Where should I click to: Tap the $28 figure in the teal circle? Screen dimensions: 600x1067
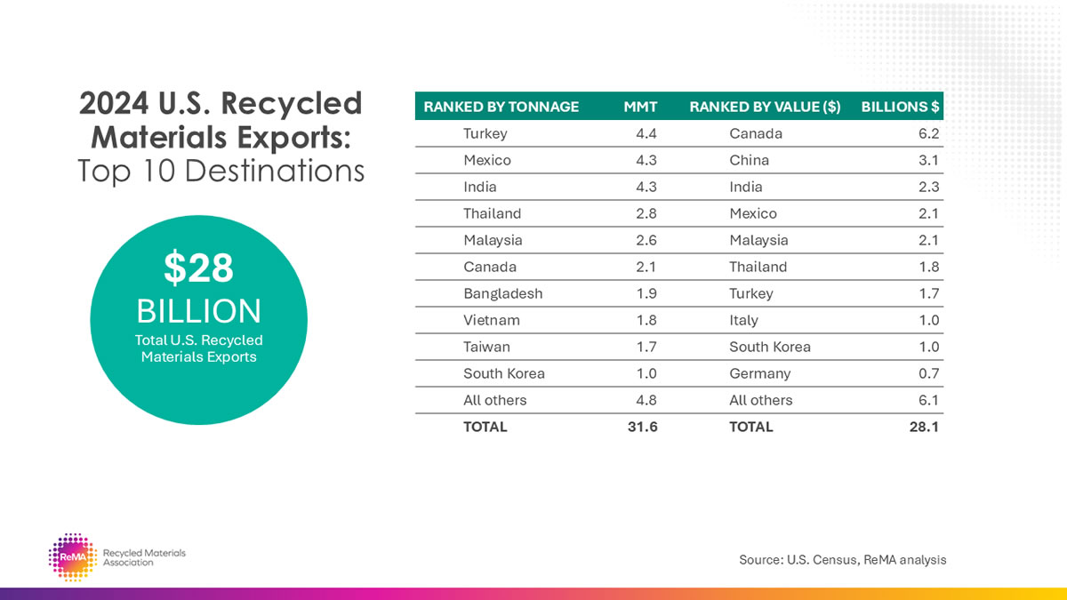pyautogui.click(x=198, y=269)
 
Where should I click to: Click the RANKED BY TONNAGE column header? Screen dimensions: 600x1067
pyautogui.click(x=501, y=107)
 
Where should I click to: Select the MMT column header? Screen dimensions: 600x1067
pyautogui.click(x=640, y=107)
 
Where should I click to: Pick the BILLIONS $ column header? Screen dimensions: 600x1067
pyautogui.click(x=900, y=107)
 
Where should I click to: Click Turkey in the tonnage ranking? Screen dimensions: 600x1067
pyautogui.click(x=485, y=133)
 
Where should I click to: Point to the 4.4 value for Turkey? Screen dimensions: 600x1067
pyautogui.click(x=646, y=133)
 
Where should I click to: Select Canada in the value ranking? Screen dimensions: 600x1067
pyautogui.click(x=755, y=133)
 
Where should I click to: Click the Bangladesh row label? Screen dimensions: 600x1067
pyautogui.click(x=502, y=293)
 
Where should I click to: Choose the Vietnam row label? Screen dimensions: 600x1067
pyautogui.click(x=491, y=320)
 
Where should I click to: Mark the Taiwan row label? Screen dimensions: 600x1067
pyautogui.click(x=486, y=347)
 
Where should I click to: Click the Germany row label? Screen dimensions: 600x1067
pyautogui.click(x=759, y=373)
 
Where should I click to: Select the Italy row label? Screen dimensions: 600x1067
pyautogui.click(x=743, y=320)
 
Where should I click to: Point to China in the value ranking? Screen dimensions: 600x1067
pyautogui.click(x=749, y=160)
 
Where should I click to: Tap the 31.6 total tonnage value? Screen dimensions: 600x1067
pyautogui.click(x=643, y=427)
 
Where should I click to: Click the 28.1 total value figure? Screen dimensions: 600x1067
pyautogui.click(x=926, y=427)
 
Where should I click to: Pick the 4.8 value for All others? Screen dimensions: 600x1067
pyautogui.click(x=646, y=400)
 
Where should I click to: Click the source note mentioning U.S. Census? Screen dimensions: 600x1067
pyautogui.click(x=842, y=560)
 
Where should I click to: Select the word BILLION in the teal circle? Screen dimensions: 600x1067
pyautogui.click(x=198, y=311)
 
